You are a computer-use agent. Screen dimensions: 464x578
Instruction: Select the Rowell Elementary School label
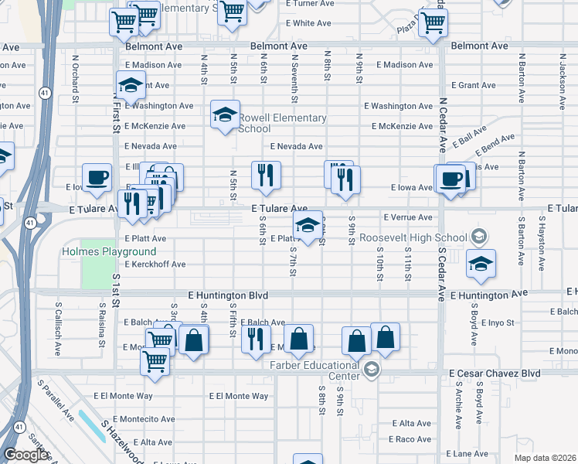coord(282,123)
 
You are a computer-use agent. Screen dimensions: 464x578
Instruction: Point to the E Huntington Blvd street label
coord(228,295)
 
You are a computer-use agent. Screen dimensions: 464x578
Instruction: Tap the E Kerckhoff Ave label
coord(155,264)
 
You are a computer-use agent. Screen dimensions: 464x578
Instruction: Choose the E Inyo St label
coord(497,322)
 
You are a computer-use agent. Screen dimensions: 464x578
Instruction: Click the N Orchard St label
coord(76,78)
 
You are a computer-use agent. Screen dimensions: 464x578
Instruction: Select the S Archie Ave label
coord(458,403)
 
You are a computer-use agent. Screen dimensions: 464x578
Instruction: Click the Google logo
coord(25,455)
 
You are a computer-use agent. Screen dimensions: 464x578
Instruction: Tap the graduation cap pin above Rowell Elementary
coord(225,115)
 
